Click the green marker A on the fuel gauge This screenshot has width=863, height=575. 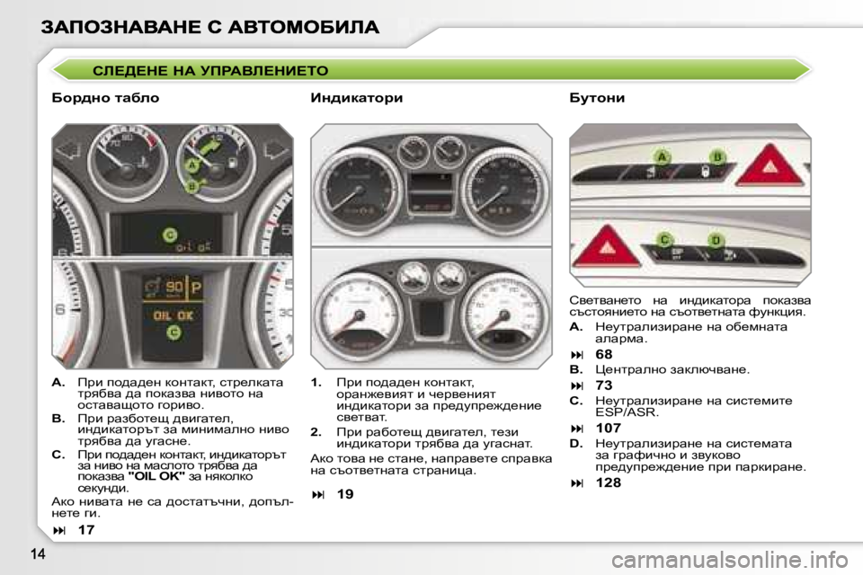191,165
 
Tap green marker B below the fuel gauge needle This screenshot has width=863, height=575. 191,186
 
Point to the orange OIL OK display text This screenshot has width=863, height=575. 173,315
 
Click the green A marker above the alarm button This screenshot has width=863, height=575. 663,157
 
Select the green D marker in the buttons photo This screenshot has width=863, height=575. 716,240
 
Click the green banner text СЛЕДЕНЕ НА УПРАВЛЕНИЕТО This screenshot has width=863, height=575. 211,70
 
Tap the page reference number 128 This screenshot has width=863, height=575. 609,482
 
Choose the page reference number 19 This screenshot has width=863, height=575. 345,493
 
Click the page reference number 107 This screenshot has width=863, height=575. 609,429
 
